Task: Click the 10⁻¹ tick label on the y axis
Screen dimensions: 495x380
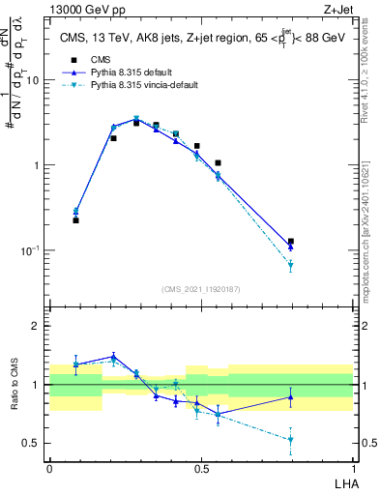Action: click(30, 250)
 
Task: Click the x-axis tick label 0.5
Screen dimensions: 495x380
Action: click(200, 467)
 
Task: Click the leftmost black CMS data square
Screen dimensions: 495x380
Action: click(75, 220)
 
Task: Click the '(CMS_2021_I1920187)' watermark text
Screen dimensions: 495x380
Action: click(201, 290)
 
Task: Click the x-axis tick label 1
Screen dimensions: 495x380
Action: click(353, 467)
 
